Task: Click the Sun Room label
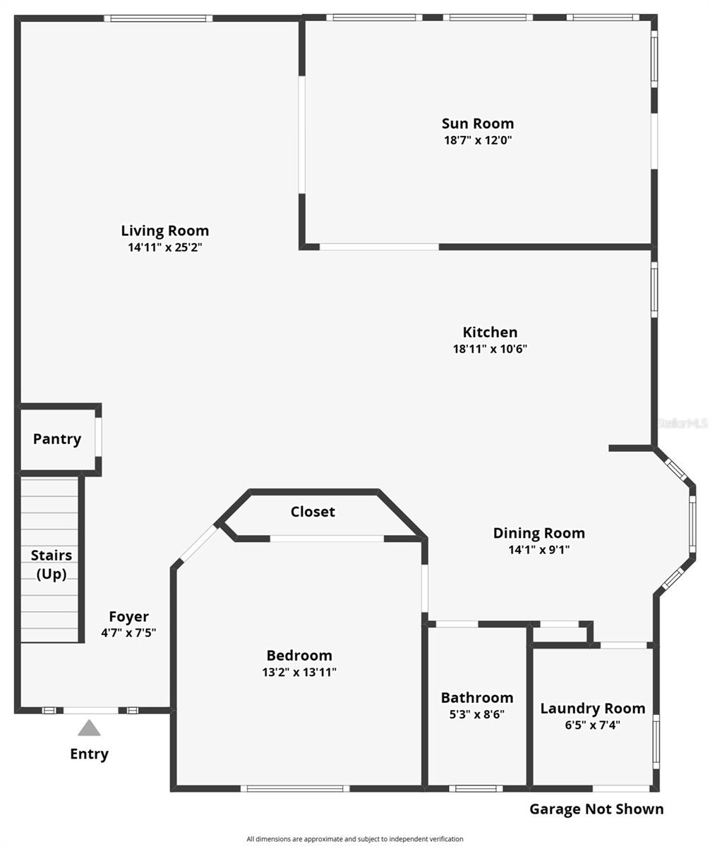478,124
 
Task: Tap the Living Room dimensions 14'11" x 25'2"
164,247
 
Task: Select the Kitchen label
490,332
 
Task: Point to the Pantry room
57,439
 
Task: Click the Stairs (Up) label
52,565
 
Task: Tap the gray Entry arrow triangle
89,728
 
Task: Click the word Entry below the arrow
89,754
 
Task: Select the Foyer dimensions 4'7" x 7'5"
128,633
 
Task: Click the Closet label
313,512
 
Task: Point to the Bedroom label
299,655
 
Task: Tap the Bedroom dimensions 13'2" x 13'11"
299,673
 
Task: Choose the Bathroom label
477,697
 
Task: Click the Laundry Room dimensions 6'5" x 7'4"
593,725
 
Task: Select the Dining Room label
538,533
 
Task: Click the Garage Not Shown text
596,809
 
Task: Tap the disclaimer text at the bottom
355,839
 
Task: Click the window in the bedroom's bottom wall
295,788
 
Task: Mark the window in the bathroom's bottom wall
476,788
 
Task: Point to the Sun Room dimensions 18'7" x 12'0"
478,140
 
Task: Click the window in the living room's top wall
158,18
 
